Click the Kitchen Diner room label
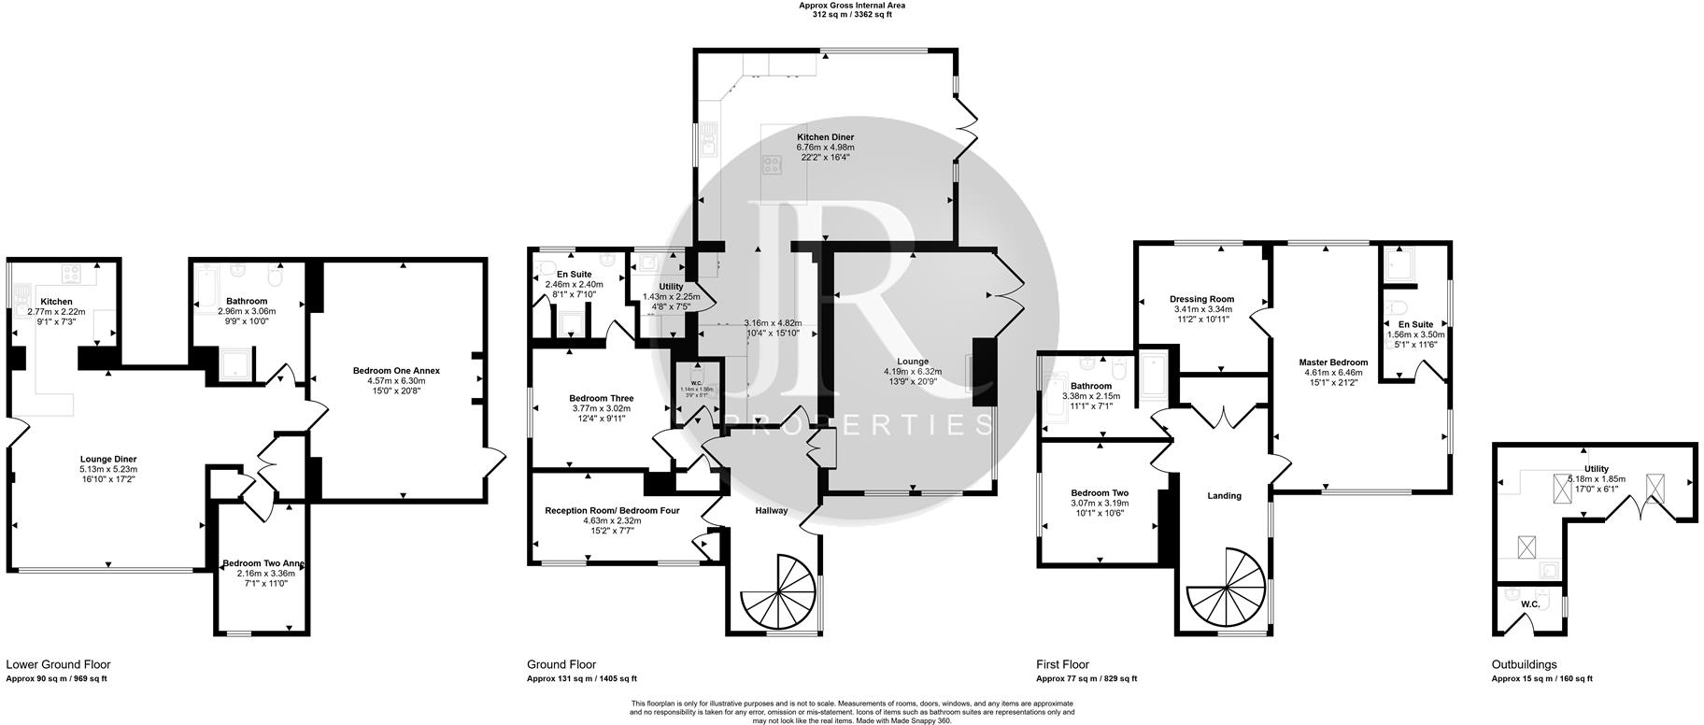[x=825, y=137]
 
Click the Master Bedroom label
[x=1333, y=362]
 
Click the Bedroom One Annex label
[x=396, y=371]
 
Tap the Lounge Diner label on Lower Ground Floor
[x=108, y=459]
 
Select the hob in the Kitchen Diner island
[x=773, y=166]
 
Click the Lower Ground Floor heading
[x=58, y=665]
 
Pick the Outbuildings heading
[x=1524, y=665]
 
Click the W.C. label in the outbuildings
[x=1529, y=604]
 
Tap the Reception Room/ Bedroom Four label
[x=612, y=510]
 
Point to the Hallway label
[x=772, y=510]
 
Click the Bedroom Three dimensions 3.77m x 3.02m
[x=601, y=408]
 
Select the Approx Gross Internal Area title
[x=851, y=6]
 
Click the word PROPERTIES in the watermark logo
[x=858, y=426]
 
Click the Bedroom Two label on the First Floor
[x=1100, y=492]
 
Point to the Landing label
[x=1224, y=495]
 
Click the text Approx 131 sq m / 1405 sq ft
[x=581, y=679]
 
